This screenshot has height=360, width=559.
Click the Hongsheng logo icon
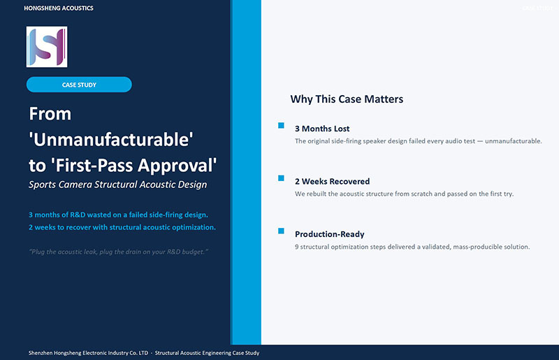click(x=47, y=47)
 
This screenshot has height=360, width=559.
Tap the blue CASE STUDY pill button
click(x=79, y=85)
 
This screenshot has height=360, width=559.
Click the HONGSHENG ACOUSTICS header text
click(x=59, y=8)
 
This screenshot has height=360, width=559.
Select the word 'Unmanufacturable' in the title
click(x=111, y=140)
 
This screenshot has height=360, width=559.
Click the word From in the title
click(x=50, y=114)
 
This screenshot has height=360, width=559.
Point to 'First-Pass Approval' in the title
click(x=133, y=166)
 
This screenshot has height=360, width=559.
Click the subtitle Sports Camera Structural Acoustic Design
click(x=117, y=185)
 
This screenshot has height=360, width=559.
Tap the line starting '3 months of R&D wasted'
click(x=118, y=215)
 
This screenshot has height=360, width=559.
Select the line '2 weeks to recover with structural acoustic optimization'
click(x=122, y=227)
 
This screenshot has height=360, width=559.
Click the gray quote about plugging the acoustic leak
click(x=118, y=252)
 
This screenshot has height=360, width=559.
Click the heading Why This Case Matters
click(x=347, y=99)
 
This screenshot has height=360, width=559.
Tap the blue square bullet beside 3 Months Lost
click(x=282, y=125)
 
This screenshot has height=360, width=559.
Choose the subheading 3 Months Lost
click(x=322, y=129)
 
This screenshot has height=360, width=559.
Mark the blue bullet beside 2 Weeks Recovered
click(x=282, y=178)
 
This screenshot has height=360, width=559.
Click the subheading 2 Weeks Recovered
click(x=333, y=181)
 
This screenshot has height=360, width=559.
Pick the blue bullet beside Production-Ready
click(x=282, y=231)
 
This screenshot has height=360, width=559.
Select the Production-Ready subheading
click(x=329, y=234)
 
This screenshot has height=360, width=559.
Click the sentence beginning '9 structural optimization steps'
click(x=412, y=247)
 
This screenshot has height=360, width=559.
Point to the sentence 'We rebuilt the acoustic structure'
click(x=405, y=194)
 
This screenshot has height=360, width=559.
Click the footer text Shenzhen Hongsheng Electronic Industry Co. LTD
click(x=88, y=353)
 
